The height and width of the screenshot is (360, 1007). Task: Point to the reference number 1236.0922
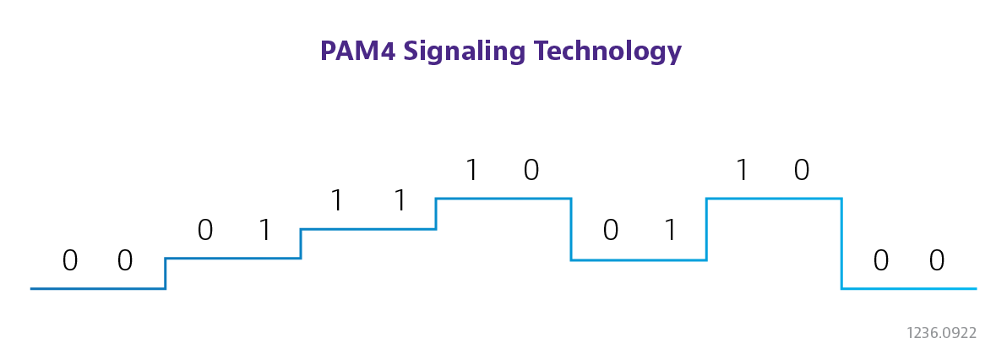(x=940, y=333)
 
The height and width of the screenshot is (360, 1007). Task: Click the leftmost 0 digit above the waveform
(x=70, y=261)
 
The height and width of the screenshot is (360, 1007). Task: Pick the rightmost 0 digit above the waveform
(x=936, y=261)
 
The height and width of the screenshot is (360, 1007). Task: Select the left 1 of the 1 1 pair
(x=338, y=200)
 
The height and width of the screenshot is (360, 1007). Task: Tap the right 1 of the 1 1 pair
(x=400, y=200)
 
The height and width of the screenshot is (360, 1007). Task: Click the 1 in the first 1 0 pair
(x=472, y=171)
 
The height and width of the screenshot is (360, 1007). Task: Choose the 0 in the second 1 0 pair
(x=802, y=171)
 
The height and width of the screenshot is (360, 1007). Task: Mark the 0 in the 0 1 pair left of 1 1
(x=204, y=230)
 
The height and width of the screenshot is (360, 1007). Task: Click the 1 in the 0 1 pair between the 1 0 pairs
(x=671, y=230)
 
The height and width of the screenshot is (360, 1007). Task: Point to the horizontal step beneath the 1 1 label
(x=368, y=228)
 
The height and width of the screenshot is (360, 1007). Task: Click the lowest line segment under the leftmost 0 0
(x=97, y=289)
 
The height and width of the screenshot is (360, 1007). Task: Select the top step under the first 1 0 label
(x=503, y=199)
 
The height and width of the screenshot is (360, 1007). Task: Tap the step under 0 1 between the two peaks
(x=639, y=260)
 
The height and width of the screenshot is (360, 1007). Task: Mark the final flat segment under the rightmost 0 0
(x=909, y=289)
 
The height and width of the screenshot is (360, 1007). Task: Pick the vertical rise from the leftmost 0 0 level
(x=166, y=274)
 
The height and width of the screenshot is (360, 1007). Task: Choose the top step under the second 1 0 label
(x=774, y=199)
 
